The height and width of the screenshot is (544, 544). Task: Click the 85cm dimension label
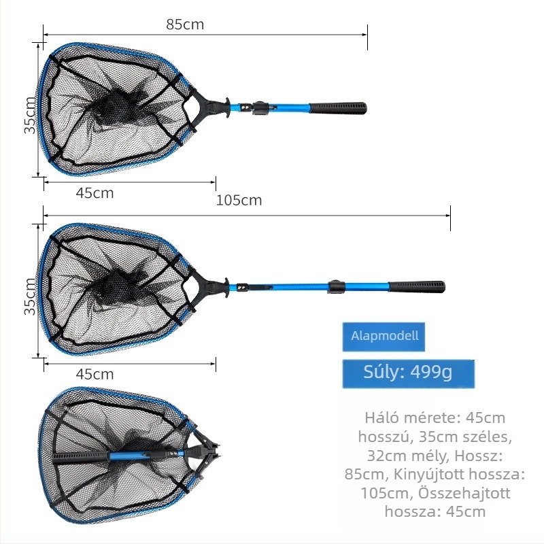tap(185, 24)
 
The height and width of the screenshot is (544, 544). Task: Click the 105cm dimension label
tap(239, 200)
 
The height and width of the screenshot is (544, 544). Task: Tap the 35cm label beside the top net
tap(30, 115)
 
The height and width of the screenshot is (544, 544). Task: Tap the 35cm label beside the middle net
tap(30, 296)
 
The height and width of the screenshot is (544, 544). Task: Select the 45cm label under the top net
tap(95, 193)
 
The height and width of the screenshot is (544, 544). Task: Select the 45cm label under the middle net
tap(95, 374)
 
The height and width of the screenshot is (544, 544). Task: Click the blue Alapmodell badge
tap(384, 337)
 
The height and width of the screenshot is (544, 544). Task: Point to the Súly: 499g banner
tap(409, 373)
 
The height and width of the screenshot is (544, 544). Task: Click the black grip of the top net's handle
tap(337, 108)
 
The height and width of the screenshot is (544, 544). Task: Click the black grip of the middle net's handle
tap(416, 287)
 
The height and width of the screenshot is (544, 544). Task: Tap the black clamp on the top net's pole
tap(261, 108)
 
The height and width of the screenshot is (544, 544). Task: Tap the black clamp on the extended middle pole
tap(337, 286)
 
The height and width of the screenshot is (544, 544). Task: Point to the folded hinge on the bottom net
tap(204, 452)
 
